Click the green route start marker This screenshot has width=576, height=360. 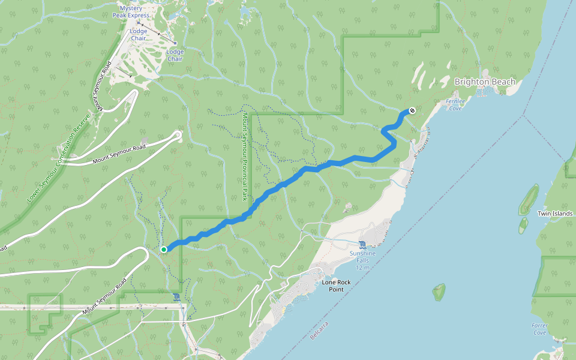pyautogui.click(x=163, y=249)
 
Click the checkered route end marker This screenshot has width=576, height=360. pyautogui.click(x=412, y=110)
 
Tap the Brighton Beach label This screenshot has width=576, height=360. pyautogui.click(x=485, y=82)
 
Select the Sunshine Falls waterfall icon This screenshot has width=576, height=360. pyautogui.click(x=362, y=245)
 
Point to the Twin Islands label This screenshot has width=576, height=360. pyautogui.click(x=555, y=213)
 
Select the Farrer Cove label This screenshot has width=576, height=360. pyautogui.click(x=539, y=329)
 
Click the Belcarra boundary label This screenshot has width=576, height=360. pyautogui.click(x=320, y=335)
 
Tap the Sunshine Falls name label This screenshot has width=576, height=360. pyautogui.click(x=362, y=253)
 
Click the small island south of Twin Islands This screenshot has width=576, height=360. pyautogui.click(x=439, y=292)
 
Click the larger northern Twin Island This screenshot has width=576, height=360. pyautogui.click(x=529, y=199)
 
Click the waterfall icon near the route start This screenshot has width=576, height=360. pyautogui.click(x=175, y=297)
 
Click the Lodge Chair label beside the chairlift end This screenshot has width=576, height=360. pyautogui.click(x=175, y=55)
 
